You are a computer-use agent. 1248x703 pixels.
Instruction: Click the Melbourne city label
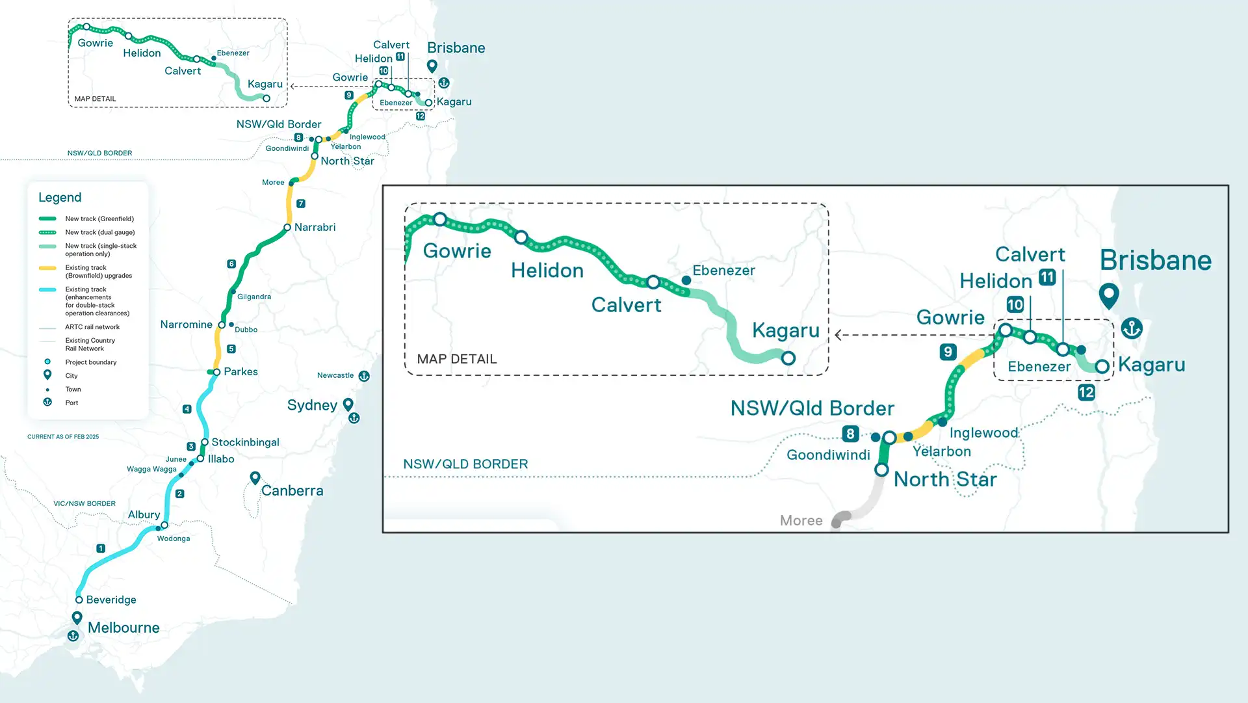[x=123, y=628]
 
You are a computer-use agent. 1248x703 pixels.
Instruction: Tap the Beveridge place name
[x=111, y=600]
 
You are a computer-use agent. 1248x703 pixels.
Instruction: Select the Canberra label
[x=292, y=490]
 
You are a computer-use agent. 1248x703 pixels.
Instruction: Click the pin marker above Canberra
[x=255, y=478]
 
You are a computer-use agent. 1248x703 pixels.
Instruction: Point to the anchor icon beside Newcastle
[x=364, y=376]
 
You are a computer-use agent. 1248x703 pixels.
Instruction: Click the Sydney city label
[x=312, y=405]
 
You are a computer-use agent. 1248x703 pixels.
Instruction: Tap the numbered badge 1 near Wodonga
[x=101, y=548]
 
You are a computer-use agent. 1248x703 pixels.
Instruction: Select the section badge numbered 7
[x=301, y=204]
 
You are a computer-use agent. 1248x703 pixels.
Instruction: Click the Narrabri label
[x=315, y=227]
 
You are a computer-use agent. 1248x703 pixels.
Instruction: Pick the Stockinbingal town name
[x=245, y=442]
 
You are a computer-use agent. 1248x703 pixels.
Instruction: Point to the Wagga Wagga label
[x=151, y=469]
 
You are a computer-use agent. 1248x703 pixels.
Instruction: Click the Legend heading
[x=60, y=197]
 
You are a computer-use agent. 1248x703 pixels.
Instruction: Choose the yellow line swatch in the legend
[x=47, y=268]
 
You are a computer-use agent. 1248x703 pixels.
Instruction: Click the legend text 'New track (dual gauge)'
[x=100, y=232]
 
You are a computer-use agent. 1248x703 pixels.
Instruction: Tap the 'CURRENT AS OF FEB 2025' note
[x=63, y=437]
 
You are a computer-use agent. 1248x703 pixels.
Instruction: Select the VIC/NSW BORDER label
[x=84, y=503]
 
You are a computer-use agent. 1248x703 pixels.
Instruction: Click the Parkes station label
[x=240, y=371]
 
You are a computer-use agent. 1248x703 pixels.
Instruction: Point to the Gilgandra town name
[x=254, y=297]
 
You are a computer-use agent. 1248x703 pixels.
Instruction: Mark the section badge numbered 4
[x=187, y=409]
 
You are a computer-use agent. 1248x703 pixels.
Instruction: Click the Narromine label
[x=186, y=324]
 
